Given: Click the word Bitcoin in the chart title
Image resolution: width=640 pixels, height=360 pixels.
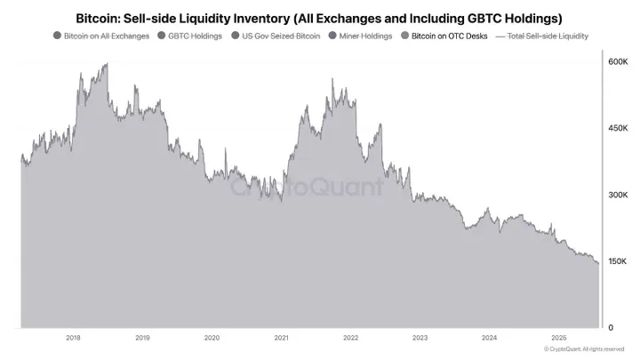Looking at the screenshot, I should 100,17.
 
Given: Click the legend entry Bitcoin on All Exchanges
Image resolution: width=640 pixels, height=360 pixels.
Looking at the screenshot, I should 101,36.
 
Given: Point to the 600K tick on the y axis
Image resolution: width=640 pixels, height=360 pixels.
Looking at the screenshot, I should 618,61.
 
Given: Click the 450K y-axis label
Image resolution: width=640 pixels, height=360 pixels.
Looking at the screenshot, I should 618,128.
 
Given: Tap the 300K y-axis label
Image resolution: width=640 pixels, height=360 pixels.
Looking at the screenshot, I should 618,195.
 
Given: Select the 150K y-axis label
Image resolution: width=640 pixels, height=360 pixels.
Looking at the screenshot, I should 618,260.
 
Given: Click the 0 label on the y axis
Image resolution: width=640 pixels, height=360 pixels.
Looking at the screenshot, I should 611,327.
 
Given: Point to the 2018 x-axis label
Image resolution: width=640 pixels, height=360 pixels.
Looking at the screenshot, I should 73,338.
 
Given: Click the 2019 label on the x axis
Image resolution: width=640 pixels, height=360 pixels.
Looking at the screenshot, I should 142,338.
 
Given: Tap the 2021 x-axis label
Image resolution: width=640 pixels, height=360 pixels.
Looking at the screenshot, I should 281,338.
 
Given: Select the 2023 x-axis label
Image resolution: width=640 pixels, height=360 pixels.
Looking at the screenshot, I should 420,338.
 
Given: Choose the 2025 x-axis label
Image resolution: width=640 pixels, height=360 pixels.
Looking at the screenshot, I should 558,338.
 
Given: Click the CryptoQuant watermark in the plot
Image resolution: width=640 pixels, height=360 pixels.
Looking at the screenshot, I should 307,188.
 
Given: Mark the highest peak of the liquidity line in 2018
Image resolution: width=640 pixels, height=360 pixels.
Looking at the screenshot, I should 107,63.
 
